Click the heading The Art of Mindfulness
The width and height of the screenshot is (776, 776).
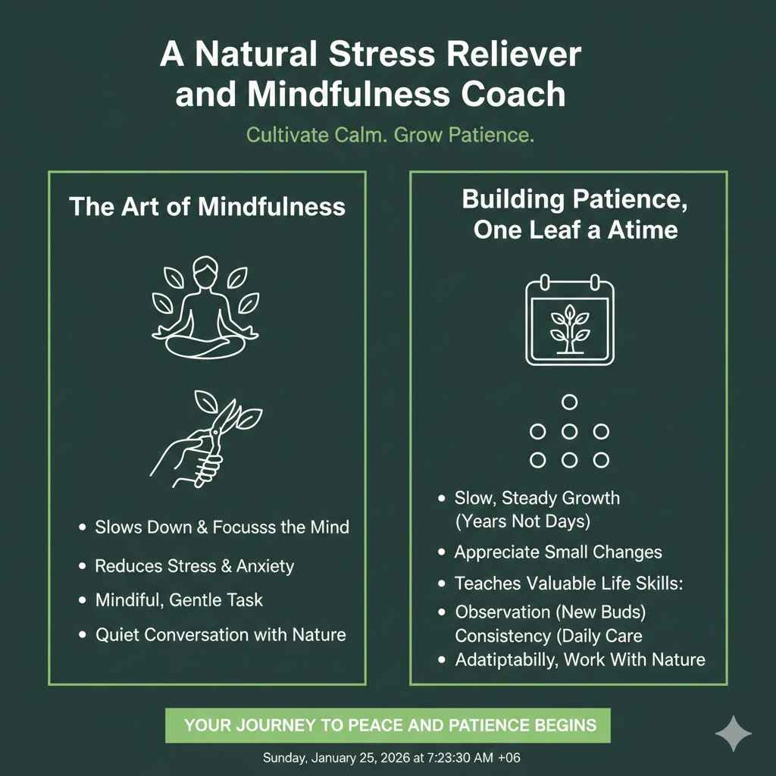(x=207, y=206)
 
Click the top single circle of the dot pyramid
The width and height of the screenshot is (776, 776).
(x=570, y=402)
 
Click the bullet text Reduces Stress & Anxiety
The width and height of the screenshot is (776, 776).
(x=194, y=565)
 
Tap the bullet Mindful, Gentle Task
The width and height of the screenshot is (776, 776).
(x=179, y=599)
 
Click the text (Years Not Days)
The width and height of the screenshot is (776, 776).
(x=522, y=522)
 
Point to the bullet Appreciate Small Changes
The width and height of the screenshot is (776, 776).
(x=558, y=552)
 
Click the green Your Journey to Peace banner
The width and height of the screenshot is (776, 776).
(x=388, y=725)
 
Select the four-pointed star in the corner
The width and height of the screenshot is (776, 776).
(x=734, y=734)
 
